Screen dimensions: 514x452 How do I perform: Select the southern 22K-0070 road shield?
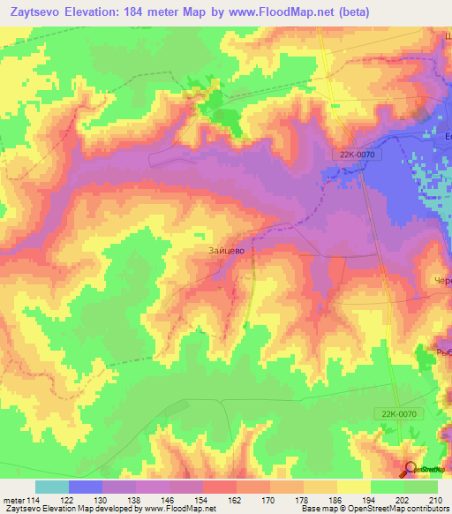[x=404, y=412]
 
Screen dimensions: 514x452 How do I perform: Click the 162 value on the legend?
[x=234, y=500]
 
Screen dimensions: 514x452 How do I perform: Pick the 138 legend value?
[x=134, y=500]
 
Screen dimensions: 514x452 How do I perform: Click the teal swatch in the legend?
[x=51, y=487]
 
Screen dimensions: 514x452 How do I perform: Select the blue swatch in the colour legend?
[x=85, y=487]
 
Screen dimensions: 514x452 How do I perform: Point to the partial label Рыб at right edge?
[x=443, y=351]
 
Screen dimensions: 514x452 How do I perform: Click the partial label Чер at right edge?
[x=443, y=281]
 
